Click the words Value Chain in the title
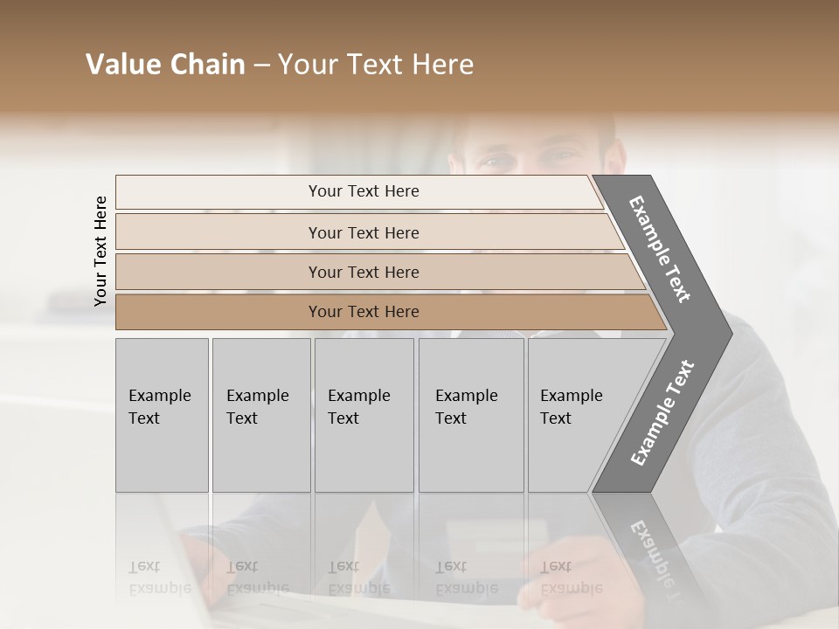coord(165,65)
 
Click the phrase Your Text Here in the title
coord(375,65)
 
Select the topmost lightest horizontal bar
coord(358,191)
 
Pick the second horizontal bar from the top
coord(364,232)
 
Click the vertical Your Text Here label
coord(101,251)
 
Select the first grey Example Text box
coord(162,415)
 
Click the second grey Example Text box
coord(260,415)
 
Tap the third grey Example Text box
coord(364,415)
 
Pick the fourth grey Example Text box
coord(470,415)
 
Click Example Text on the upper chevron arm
coord(660,249)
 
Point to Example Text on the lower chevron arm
coord(662,412)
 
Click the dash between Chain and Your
coord(260,65)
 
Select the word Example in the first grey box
coord(159,396)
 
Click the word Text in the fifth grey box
coord(556,418)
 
